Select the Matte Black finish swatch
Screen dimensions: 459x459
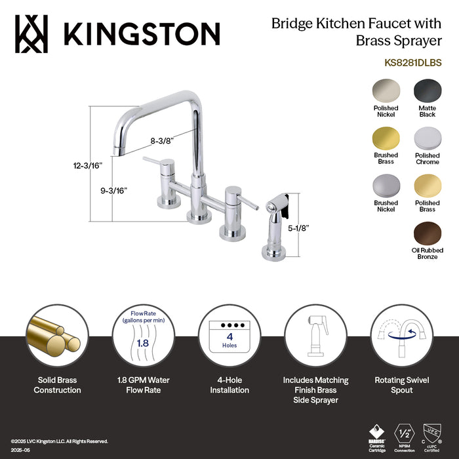(428, 90)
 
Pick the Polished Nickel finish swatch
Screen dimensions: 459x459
(386, 90)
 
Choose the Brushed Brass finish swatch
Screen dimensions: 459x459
(386, 138)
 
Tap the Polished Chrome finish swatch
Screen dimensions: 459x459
(428, 138)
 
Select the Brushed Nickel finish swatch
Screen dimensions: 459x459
(386, 186)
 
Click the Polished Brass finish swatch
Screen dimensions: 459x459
(428, 186)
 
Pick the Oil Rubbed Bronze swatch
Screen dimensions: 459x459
(428, 233)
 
